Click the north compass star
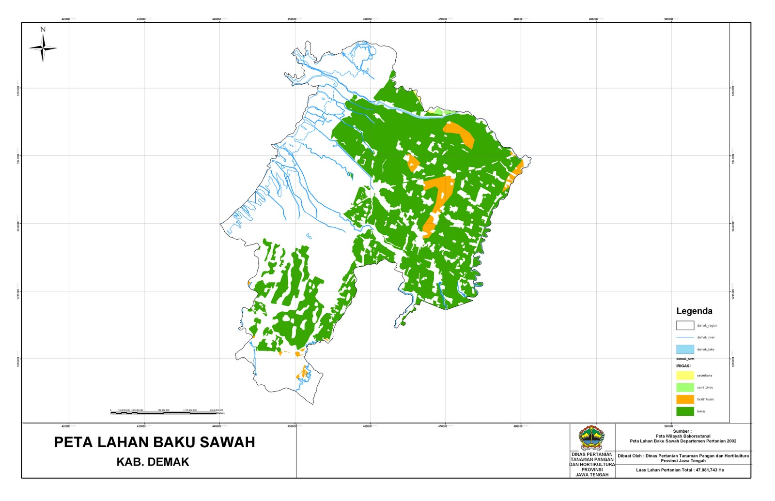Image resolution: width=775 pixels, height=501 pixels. [43, 48]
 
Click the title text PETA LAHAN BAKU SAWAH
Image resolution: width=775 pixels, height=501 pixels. [154, 442]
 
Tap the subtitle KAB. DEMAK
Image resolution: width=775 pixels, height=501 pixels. [153, 462]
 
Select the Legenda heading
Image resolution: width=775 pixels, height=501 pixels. [694, 311]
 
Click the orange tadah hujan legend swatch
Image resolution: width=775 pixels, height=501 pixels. [685, 399]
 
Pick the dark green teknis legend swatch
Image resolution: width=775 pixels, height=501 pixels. [685, 411]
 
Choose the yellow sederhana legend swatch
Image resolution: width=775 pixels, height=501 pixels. [685, 375]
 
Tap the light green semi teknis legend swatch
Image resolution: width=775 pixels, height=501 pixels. [685, 387]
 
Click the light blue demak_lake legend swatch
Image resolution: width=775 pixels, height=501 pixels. [685, 349]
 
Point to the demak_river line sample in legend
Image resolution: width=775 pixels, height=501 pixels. [685, 337]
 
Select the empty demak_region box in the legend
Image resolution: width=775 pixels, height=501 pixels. [685, 325]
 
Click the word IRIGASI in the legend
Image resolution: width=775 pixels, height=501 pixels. [683, 366]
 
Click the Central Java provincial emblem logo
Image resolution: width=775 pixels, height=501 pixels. [592, 438]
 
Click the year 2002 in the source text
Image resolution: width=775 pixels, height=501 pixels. [731, 441]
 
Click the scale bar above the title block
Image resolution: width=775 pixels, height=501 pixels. [163, 413]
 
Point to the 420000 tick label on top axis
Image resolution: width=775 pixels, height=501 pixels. [66, 19]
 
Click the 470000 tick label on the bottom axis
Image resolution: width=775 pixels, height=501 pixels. [442, 426]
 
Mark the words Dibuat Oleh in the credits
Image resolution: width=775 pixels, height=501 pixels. [630, 456]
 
